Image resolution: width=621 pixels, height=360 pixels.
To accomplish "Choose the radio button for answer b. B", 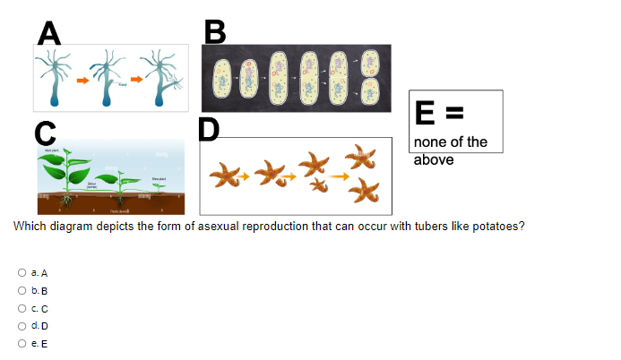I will tap(21, 291).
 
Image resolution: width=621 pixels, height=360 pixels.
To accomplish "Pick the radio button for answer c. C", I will tap(21, 308).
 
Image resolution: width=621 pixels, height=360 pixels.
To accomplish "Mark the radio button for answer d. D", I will tap(21, 325).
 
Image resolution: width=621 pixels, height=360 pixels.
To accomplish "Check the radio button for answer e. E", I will tap(21, 342).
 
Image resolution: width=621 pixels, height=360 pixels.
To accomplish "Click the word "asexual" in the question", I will tap(231, 227).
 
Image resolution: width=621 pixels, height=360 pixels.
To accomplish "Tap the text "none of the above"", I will tap(452, 150).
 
